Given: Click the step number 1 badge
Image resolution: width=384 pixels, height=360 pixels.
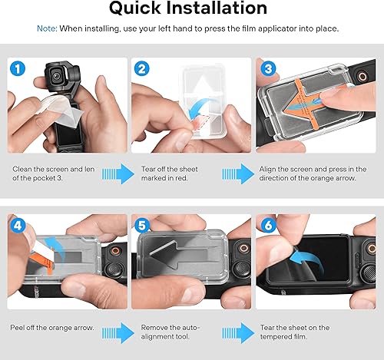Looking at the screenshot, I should [17, 70].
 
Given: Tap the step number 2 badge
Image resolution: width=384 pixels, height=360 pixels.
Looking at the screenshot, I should [141, 70].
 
